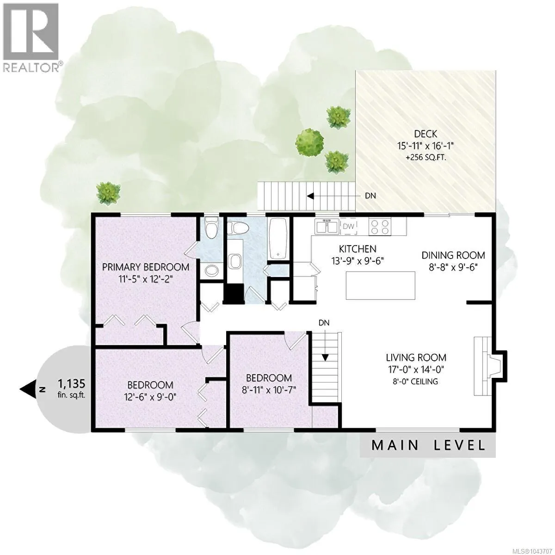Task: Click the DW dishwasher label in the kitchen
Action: tap(348, 226)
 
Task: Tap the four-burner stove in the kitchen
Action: tap(380, 226)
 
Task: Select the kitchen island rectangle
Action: tap(380, 286)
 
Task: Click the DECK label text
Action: tap(425, 134)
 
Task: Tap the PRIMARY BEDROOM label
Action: tap(146, 267)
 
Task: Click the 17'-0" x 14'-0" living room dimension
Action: tap(416, 369)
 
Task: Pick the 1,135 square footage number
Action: tap(72, 383)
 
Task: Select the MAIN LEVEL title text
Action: tap(428, 445)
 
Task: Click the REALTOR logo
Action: tap(31, 37)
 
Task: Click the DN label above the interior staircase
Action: tap(324, 323)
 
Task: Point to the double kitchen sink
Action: tap(327, 226)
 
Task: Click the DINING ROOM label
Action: tap(453, 255)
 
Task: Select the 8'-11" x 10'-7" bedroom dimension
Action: tap(269, 390)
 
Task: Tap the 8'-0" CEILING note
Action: tap(416, 382)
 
